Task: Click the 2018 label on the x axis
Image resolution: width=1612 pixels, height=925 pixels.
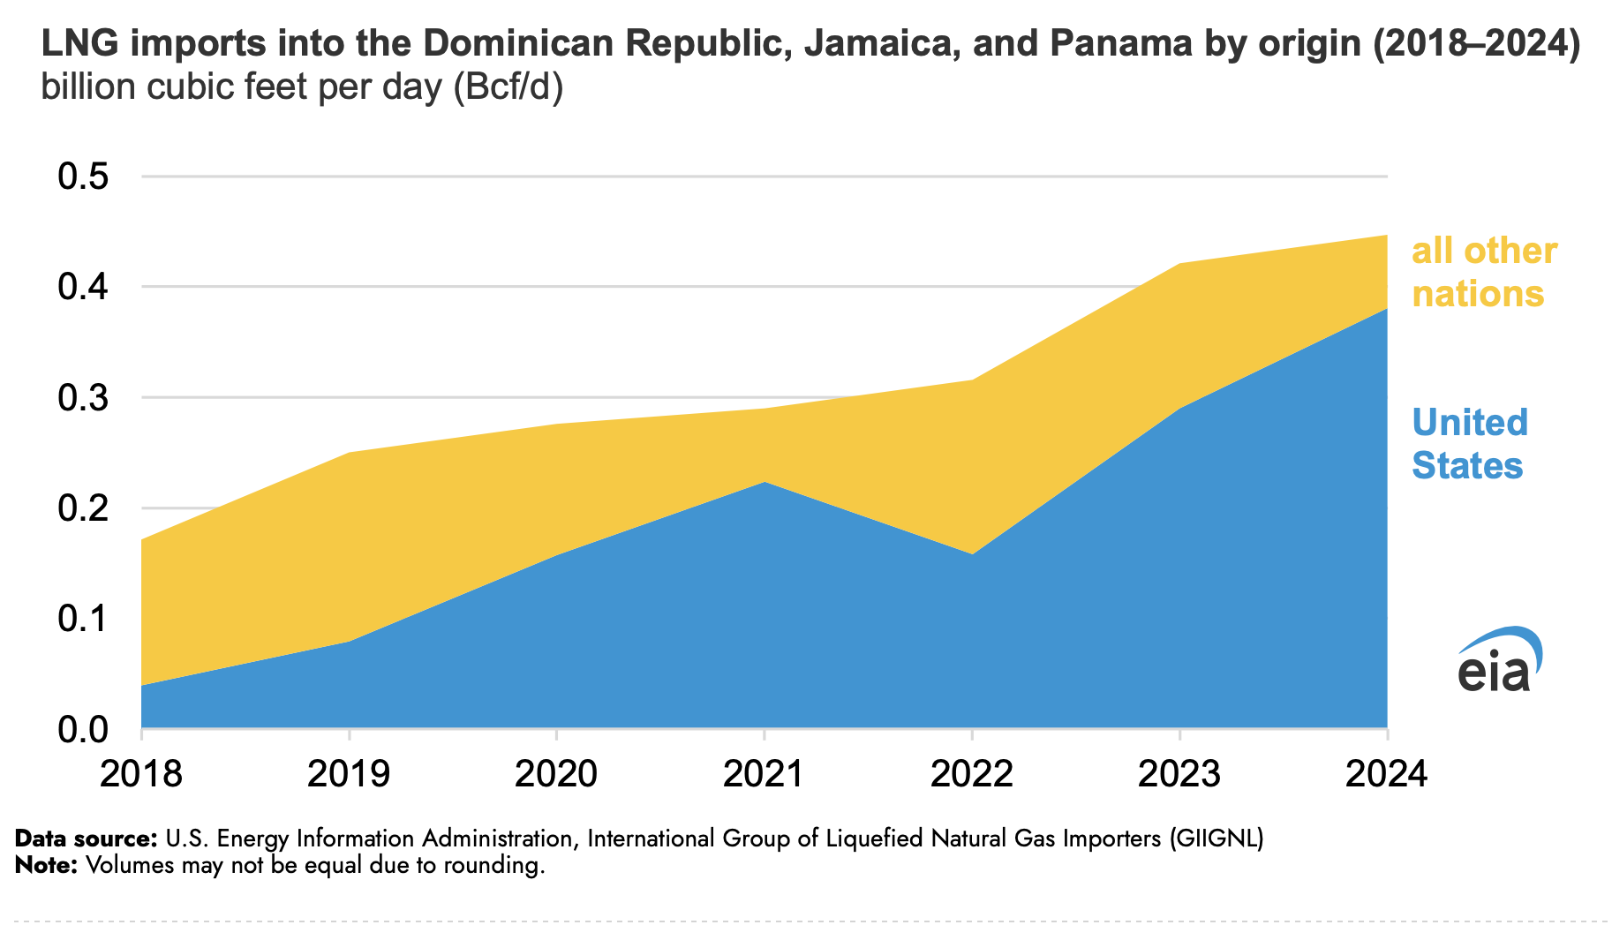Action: [x=141, y=774]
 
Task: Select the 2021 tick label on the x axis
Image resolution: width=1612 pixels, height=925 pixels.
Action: [x=764, y=774]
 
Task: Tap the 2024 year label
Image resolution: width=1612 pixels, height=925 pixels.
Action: [x=1386, y=774]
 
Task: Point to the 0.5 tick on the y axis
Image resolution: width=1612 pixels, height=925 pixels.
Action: [x=83, y=177]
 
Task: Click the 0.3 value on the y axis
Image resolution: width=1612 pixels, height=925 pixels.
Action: [x=83, y=398]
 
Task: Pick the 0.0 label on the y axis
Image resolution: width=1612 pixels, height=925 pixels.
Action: [x=83, y=730]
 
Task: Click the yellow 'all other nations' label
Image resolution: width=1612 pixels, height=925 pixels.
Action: [x=1484, y=272]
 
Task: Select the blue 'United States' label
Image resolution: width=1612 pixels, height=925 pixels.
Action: [x=1469, y=444]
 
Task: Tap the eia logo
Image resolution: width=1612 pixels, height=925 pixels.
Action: [x=1499, y=660]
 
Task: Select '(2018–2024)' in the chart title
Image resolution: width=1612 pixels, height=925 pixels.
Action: [x=1476, y=43]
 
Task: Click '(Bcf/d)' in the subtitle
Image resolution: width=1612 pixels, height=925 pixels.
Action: [x=508, y=87]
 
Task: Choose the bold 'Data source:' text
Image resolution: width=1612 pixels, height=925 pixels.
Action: [x=86, y=838]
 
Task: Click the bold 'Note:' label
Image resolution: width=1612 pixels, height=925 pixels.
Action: [x=47, y=865]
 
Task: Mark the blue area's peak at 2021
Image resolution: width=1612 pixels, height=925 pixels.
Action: [x=765, y=482]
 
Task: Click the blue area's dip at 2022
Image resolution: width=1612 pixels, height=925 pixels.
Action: [x=971, y=554]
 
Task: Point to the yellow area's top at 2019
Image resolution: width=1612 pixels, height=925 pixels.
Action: [x=350, y=453]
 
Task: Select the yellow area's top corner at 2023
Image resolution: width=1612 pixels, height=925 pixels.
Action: [x=1179, y=264]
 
